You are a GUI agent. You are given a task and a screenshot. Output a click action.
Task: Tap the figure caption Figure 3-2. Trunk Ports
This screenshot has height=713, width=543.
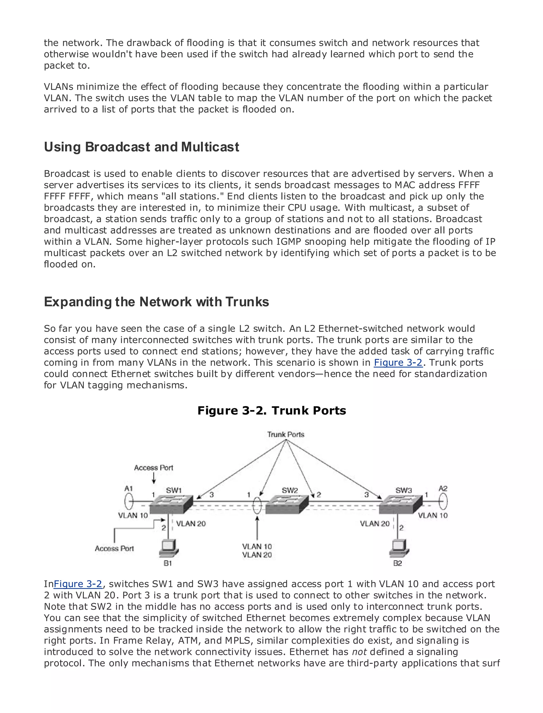(271, 411)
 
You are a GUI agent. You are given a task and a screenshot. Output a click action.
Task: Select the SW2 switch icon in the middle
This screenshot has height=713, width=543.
(287, 504)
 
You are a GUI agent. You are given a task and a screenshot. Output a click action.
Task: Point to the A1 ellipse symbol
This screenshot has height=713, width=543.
(129, 502)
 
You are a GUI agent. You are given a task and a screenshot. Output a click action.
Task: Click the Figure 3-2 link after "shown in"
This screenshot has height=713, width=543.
(398, 363)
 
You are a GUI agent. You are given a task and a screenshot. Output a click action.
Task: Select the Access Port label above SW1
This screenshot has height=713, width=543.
(154, 468)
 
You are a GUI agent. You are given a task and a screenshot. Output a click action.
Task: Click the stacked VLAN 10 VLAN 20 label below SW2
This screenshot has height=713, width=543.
(257, 551)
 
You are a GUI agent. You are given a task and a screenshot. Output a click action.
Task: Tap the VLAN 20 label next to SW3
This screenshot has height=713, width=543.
(375, 524)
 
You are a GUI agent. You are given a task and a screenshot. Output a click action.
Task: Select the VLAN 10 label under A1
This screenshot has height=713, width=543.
(133, 515)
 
